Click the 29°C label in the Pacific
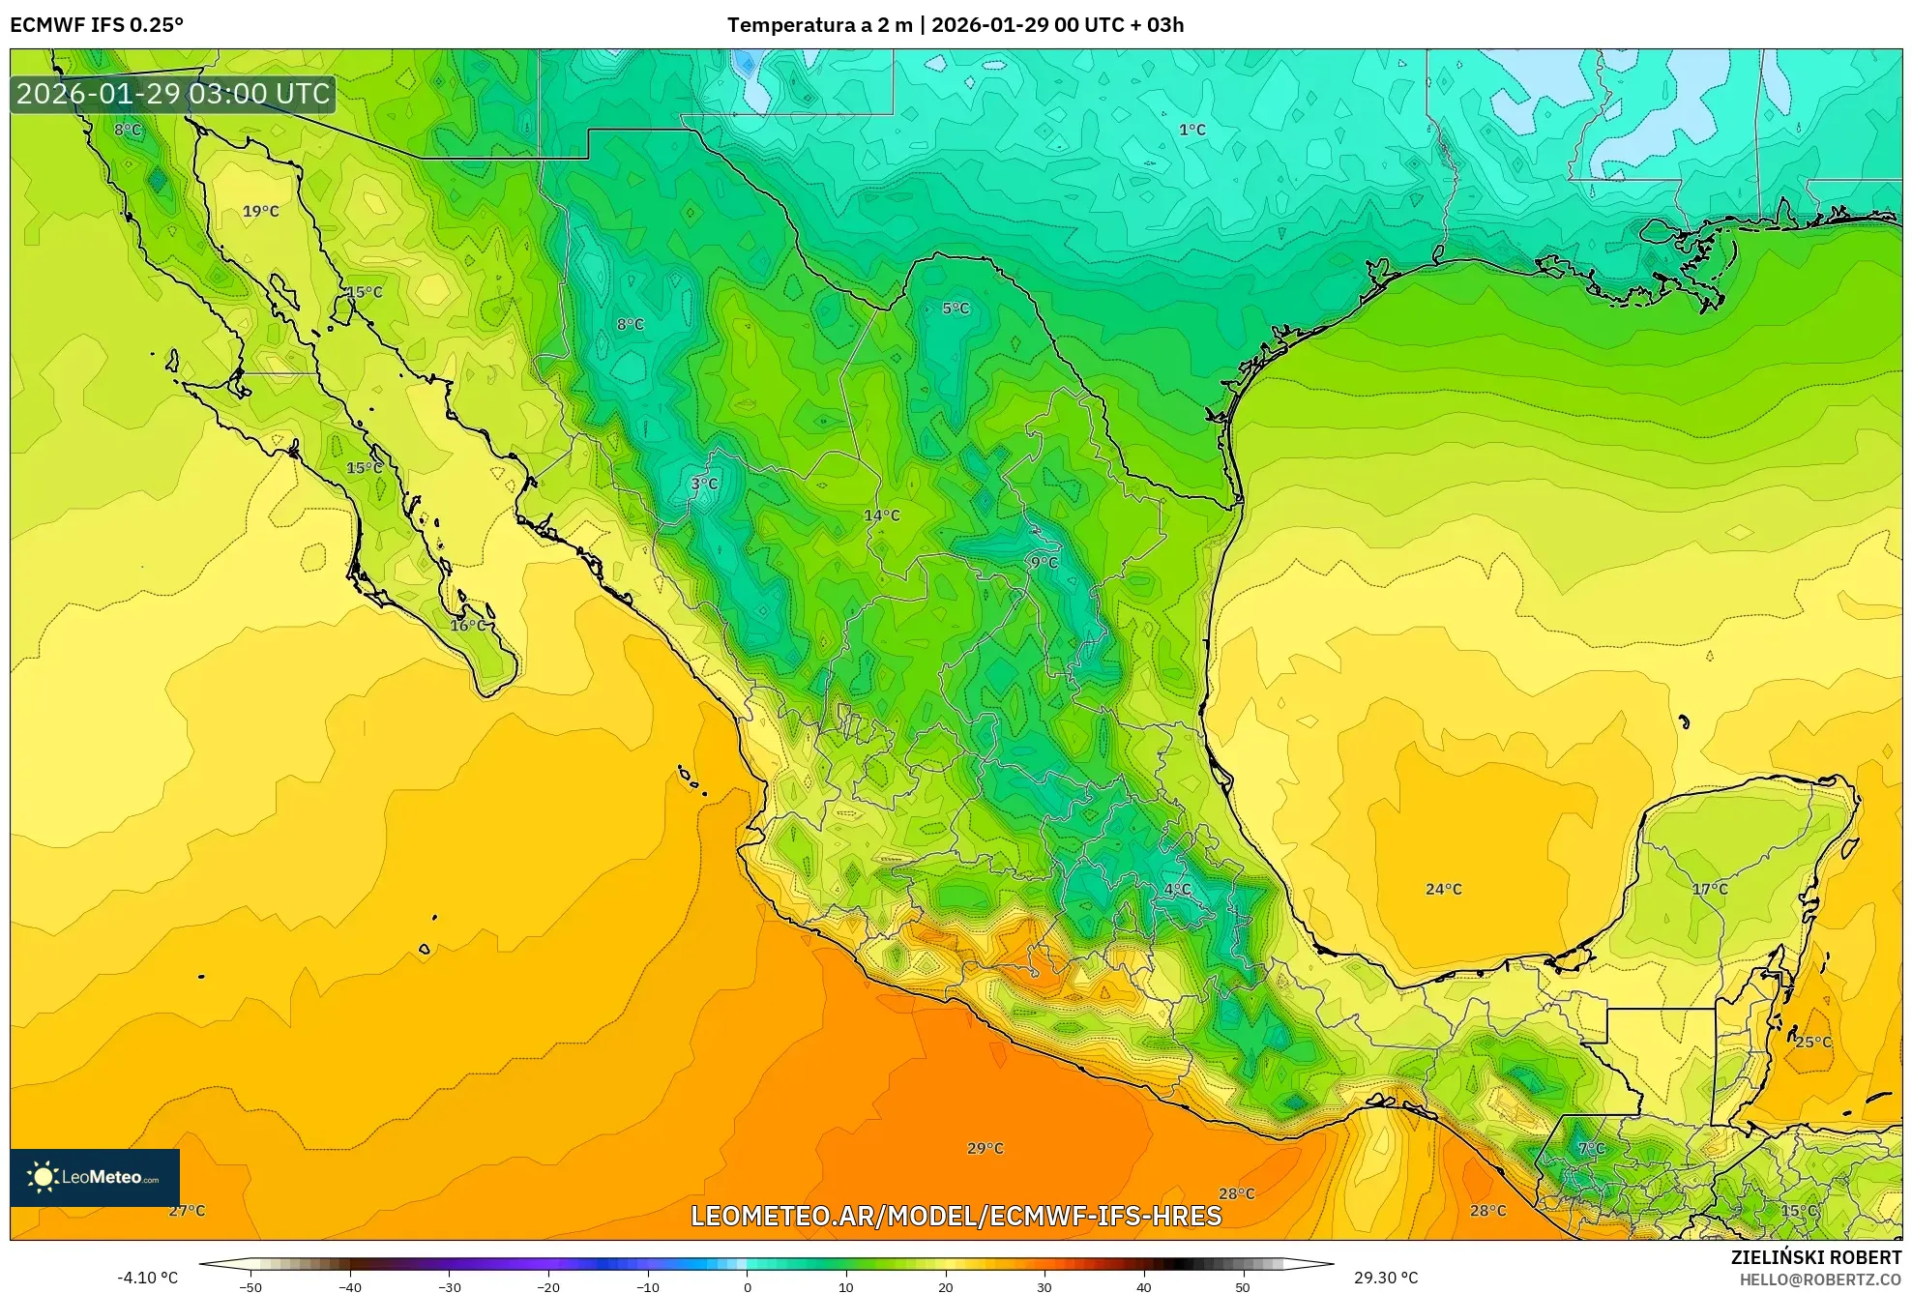[x=985, y=1148]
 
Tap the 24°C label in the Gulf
[x=1443, y=889]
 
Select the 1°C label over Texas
[x=1191, y=130]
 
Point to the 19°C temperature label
[x=260, y=211]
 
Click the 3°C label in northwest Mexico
[x=704, y=484]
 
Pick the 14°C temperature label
[x=881, y=515]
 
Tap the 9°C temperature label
[x=1044, y=562]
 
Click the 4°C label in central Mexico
[x=1177, y=889]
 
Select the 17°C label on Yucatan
[x=1709, y=889]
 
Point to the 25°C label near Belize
[x=1812, y=1042]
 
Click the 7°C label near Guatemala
[x=1591, y=1148]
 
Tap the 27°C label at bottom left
[x=187, y=1210]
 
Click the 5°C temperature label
[x=956, y=309]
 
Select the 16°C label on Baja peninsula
[x=468, y=626]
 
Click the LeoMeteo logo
[x=95, y=1177]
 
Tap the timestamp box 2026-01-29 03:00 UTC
[x=173, y=94]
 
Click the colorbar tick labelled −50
[x=250, y=1286]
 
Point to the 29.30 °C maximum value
[x=1385, y=1278]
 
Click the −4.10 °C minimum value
[x=148, y=1278]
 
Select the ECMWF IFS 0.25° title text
[x=97, y=24]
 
